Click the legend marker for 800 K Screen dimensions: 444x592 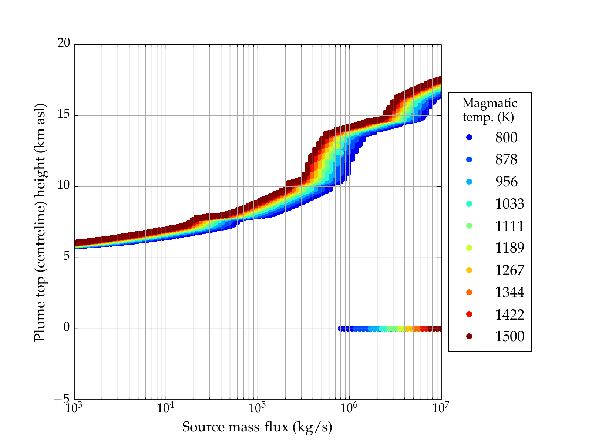pyautogui.click(x=469, y=137)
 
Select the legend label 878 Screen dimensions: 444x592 pyautogui.click(x=506, y=159)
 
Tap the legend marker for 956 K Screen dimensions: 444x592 pyautogui.click(x=469, y=182)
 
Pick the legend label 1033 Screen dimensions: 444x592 pyautogui.click(x=509, y=204)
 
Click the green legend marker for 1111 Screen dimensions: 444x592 pyautogui.click(x=469, y=226)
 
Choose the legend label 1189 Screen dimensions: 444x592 pyautogui.click(x=509, y=248)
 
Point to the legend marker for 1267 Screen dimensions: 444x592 pyautogui.click(x=469, y=270)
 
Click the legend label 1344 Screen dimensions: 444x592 pyautogui.click(x=509, y=292)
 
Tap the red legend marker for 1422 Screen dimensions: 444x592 pyautogui.click(x=469, y=314)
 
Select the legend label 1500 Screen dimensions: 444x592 pyautogui.click(x=509, y=336)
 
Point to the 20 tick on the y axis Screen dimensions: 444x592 pyautogui.click(x=64, y=43)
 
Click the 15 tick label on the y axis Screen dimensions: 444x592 pyautogui.click(x=64, y=114)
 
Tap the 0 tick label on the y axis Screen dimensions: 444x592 pyautogui.click(x=67, y=327)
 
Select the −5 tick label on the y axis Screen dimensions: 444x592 pyautogui.click(x=62, y=399)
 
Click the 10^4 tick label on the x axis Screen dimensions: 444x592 pyautogui.click(x=165, y=408)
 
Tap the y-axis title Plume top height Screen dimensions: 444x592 pyautogui.click(x=40, y=222)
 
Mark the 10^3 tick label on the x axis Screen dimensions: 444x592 pyautogui.click(x=74, y=408)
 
